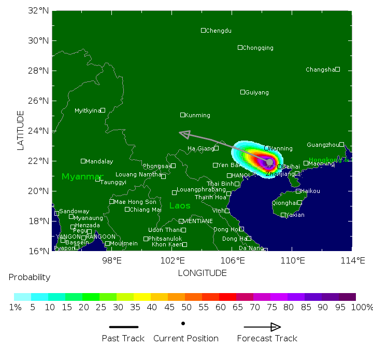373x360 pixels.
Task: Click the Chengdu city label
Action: [x=219, y=31]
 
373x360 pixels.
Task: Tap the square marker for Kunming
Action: [x=182, y=115]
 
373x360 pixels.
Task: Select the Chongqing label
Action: [x=258, y=48]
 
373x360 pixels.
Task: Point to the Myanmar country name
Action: [x=82, y=177]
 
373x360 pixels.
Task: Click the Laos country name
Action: [x=180, y=206]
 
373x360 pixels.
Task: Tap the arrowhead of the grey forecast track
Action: [x=181, y=133]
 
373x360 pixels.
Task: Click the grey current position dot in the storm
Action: [x=269, y=162]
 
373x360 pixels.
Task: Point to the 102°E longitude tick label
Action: [x=173, y=260]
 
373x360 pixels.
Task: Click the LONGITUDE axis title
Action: [x=202, y=273]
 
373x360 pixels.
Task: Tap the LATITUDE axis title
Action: [x=21, y=130]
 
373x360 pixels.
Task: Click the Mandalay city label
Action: [x=99, y=161]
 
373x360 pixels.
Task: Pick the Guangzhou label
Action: [x=323, y=145]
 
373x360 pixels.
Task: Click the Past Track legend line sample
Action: [x=124, y=327]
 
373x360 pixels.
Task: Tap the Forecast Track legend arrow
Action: [x=262, y=327]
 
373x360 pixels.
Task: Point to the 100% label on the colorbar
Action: [x=362, y=307]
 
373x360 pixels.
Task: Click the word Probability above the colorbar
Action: [x=30, y=278]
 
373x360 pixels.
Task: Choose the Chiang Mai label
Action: [x=145, y=210]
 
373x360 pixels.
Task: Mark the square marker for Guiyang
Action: [x=242, y=92]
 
